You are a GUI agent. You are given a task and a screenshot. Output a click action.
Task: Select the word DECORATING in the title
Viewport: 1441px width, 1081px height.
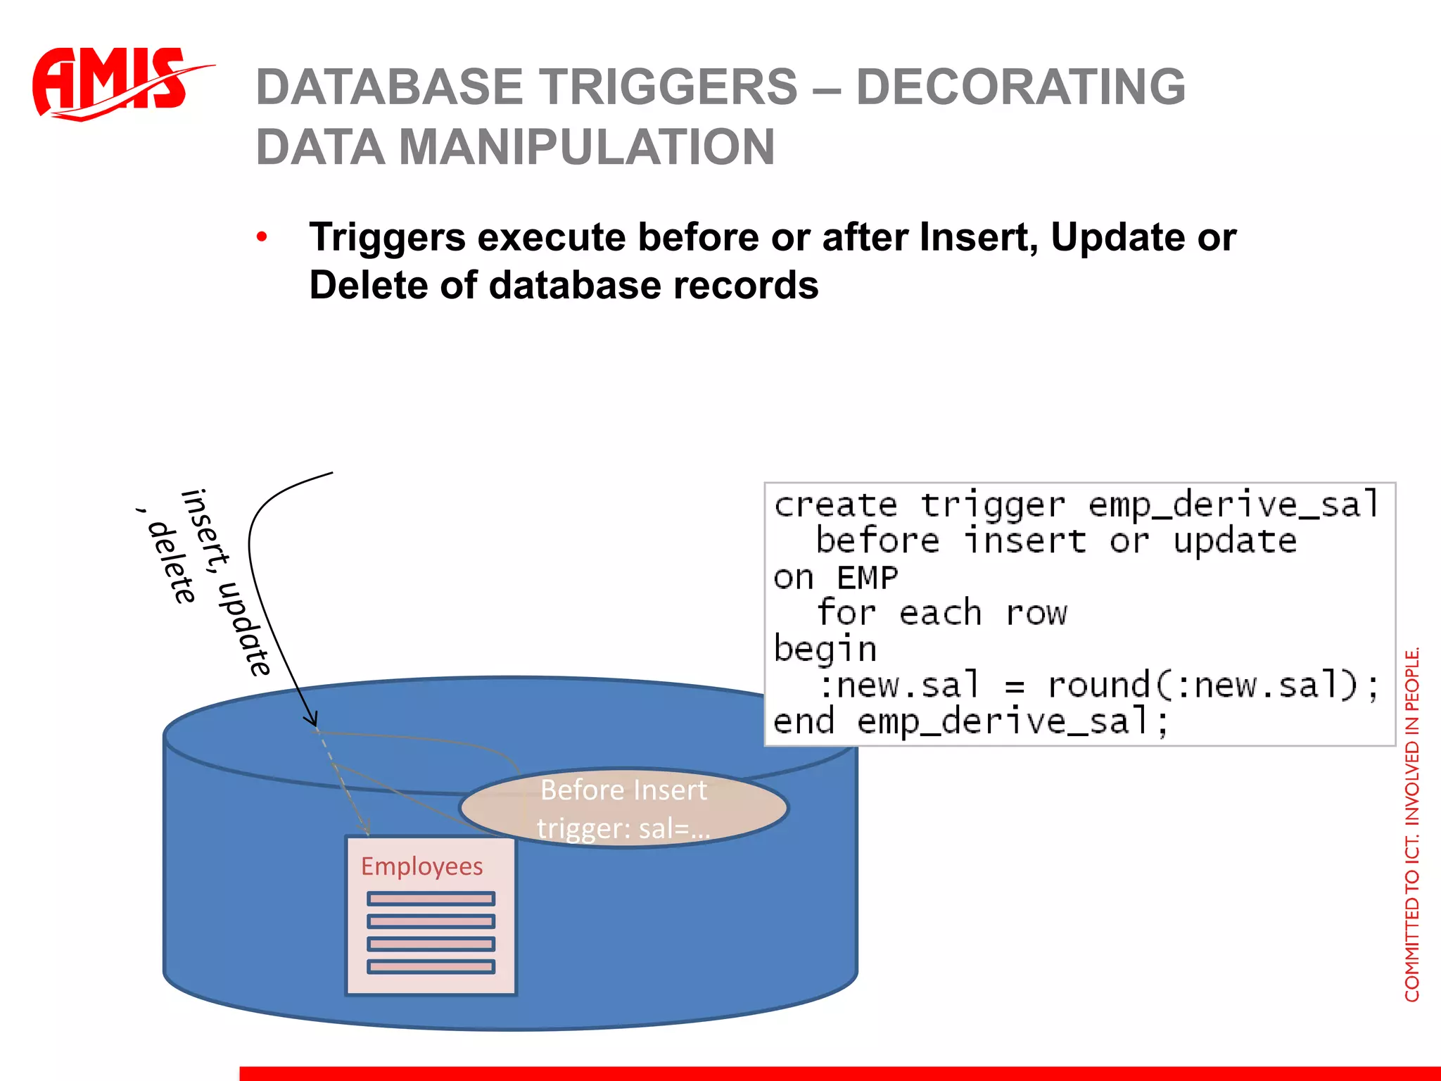click(x=1020, y=87)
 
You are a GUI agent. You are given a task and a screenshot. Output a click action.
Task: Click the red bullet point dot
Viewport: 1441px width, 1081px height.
click(x=262, y=237)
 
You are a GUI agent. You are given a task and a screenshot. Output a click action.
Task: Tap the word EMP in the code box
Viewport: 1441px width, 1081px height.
click(x=867, y=579)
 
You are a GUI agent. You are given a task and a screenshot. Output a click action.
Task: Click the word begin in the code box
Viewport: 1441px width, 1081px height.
click(x=825, y=649)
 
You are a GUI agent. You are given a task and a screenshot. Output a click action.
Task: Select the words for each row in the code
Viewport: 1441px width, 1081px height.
click(x=941, y=613)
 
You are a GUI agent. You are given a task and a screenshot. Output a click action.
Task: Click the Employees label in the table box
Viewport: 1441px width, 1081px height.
click(x=421, y=866)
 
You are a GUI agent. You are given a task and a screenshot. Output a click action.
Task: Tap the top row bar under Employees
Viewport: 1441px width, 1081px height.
click(x=431, y=899)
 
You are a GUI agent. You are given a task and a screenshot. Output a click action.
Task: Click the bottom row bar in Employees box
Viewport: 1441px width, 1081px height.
click(x=431, y=967)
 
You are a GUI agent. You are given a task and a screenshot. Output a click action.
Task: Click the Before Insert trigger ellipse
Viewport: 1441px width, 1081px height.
click(x=623, y=808)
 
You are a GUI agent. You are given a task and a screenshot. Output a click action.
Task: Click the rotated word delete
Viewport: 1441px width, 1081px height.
click(x=172, y=563)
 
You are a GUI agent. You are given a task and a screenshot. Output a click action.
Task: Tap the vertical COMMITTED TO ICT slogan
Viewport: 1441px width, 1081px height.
click(x=1411, y=823)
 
